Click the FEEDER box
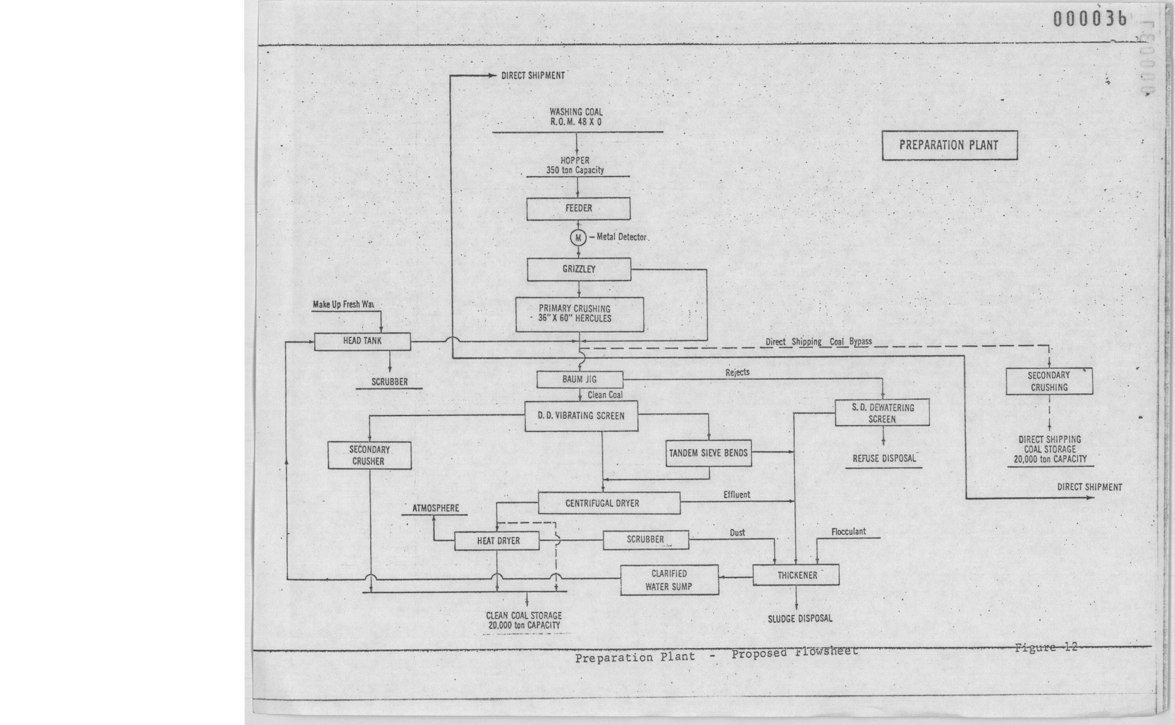point(578,209)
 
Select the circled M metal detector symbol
point(578,237)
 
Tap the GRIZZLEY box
point(579,269)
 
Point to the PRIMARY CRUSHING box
point(580,314)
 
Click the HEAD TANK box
point(362,342)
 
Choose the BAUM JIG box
point(580,379)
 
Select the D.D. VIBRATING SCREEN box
point(581,416)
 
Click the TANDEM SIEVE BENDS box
point(708,453)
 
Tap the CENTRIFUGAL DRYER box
point(608,503)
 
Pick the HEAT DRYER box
point(497,541)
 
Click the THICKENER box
point(796,575)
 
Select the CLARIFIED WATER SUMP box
point(669,580)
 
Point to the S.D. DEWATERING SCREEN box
point(882,413)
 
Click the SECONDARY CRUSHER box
point(369,456)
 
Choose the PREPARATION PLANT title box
point(949,145)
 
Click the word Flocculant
point(849,532)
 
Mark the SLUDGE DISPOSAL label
point(799,619)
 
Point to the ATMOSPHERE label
point(436,508)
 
